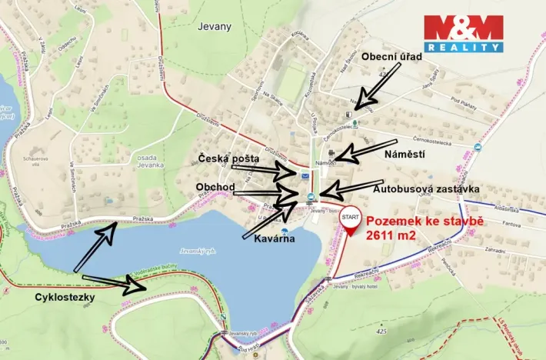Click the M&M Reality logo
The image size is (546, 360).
(463, 33)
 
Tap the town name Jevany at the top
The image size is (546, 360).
(213, 25)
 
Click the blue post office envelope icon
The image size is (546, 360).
(307, 177)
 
